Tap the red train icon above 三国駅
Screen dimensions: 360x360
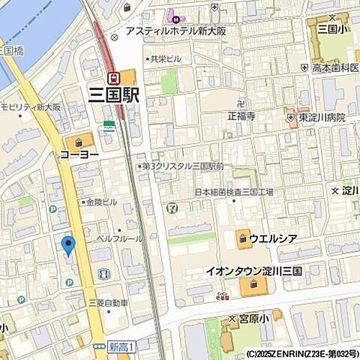pyautogui.click(x=114, y=77)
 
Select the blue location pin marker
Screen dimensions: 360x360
pyautogui.click(x=68, y=245)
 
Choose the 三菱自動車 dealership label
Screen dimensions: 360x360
pyautogui.click(x=109, y=303)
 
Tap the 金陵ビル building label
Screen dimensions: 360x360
pyautogui.click(x=100, y=202)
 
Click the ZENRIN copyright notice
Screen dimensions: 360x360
pyautogui.click(x=302, y=353)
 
